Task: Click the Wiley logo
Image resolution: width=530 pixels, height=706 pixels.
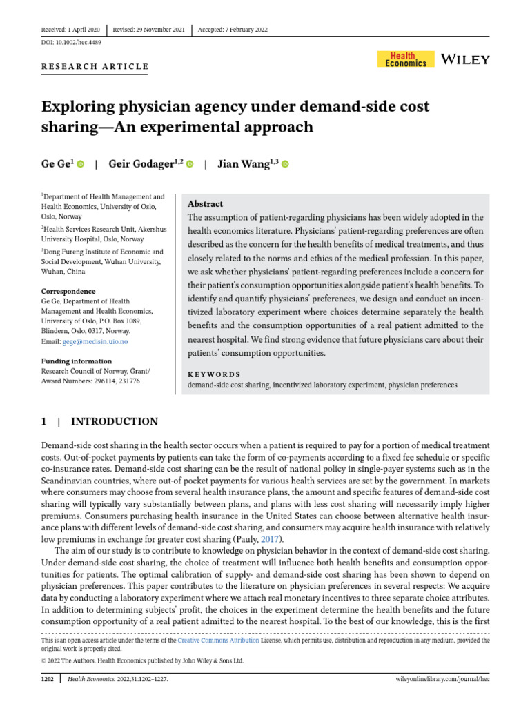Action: pos(465,59)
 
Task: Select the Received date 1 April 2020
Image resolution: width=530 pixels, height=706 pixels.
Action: pos(71,30)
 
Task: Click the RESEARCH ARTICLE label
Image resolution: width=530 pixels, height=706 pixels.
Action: pos(95,67)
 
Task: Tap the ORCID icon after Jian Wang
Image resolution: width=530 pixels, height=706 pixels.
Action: pos(284,165)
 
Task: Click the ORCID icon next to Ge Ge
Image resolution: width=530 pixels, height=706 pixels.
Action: pos(80,165)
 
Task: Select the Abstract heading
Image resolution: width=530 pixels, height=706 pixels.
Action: pos(205,204)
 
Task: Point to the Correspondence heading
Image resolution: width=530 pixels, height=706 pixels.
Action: pos(68,291)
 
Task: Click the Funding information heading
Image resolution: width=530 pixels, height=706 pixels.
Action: pos(76,361)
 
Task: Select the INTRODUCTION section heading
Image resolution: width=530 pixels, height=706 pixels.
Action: pos(115,422)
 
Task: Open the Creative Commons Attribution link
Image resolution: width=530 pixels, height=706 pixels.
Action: pos(219,641)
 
